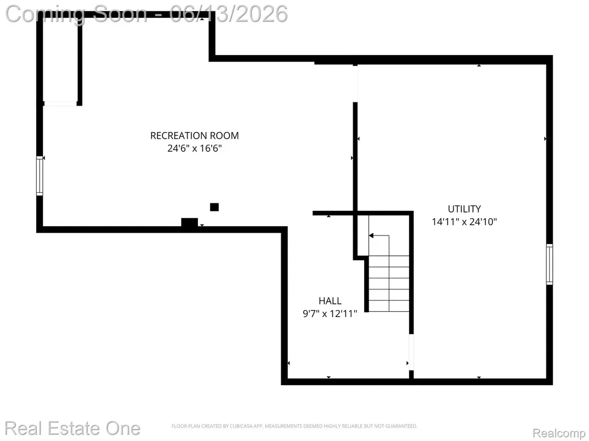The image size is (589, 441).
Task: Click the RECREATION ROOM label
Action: tap(194, 136)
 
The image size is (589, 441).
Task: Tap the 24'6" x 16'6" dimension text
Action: tap(194, 148)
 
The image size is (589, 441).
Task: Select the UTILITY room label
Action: tap(464, 209)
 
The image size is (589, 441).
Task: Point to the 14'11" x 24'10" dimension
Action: tap(464, 222)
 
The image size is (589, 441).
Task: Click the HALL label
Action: tap(330, 301)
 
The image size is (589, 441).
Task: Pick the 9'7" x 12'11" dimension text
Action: tap(330, 314)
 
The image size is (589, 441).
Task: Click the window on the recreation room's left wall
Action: tap(40, 176)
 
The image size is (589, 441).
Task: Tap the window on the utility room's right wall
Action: tap(549, 264)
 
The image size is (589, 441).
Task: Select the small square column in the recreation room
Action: tap(214, 207)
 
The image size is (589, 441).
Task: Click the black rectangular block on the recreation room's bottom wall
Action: tap(190, 222)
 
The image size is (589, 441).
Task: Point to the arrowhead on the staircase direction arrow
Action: tap(371, 235)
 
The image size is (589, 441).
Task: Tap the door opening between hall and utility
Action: tap(411, 352)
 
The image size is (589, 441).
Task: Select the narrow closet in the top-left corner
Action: tap(60, 60)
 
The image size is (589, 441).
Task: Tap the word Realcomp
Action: tap(559, 433)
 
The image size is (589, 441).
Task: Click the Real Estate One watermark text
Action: tap(72, 428)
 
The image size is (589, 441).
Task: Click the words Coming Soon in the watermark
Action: tap(77, 14)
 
